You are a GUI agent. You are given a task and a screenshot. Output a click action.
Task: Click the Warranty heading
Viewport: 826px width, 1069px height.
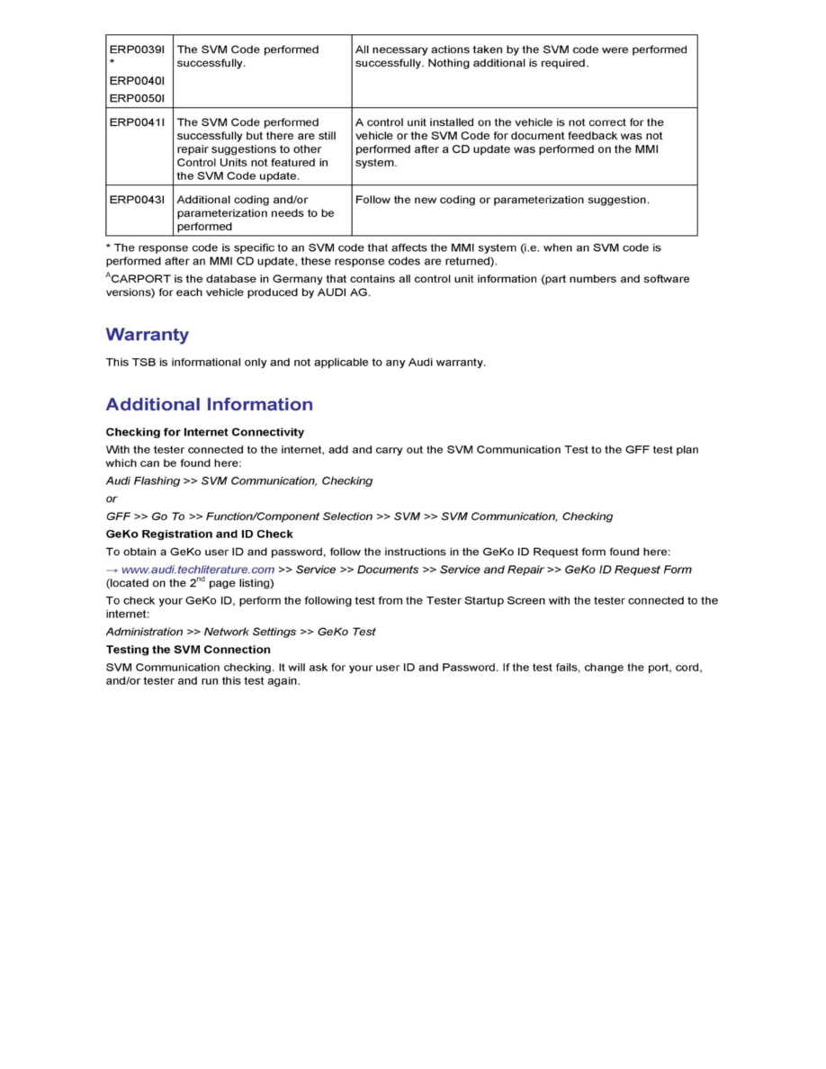(148, 335)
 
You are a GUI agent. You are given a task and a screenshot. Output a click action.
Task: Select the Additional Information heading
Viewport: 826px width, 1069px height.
(210, 404)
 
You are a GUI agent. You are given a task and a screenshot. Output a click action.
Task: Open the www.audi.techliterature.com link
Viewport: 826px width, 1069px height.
(198, 570)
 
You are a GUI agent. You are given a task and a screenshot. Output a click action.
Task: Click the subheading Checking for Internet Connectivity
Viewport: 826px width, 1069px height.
(205, 432)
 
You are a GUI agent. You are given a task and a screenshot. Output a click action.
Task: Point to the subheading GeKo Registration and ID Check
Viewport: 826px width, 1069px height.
(199, 534)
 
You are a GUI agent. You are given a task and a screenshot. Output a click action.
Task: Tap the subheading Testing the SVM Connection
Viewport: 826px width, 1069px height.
(188, 650)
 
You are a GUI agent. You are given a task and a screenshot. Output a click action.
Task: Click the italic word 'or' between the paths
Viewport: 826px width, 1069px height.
(112, 499)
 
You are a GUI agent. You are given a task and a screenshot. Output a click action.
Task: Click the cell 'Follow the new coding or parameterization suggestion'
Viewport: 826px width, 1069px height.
(502, 200)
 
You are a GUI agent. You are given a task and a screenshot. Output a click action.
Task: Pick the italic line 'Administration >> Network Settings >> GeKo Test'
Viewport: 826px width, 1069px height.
(241, 632)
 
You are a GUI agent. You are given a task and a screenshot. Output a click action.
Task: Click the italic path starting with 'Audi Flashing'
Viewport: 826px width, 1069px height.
(239, 481)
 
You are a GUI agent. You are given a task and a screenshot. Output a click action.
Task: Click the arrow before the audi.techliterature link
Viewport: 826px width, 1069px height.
(112, 570)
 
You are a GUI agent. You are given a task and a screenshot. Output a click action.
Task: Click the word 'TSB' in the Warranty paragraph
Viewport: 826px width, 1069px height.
(144, 363)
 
